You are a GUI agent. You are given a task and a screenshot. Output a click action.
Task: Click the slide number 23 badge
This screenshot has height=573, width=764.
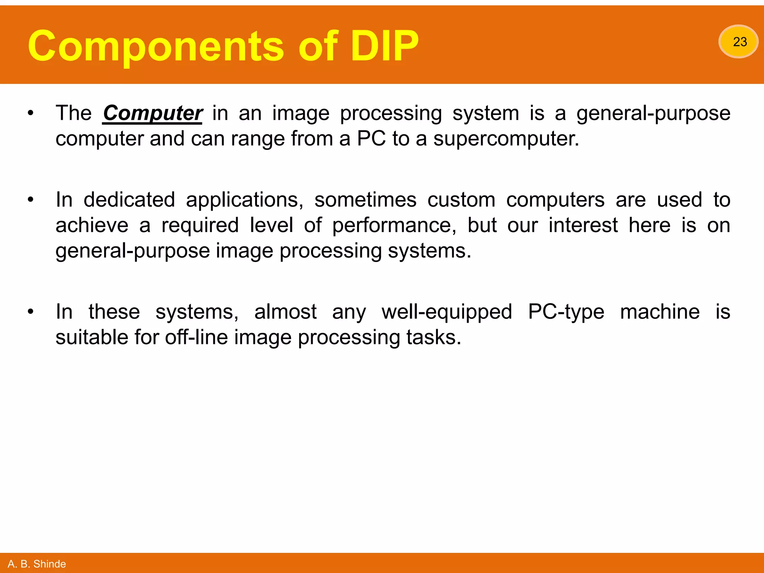tap(738, 41)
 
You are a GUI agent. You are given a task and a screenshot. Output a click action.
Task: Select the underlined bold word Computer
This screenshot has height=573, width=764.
tap(152, 113)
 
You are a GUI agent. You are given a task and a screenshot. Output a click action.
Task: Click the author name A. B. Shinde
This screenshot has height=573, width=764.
tap(37, 564)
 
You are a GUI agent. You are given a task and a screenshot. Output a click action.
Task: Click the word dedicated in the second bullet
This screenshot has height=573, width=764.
tap(129, 200)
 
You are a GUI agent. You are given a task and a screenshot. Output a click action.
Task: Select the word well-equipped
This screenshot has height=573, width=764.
tap(447, 312)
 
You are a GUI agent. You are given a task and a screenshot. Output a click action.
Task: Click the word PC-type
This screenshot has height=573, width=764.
tap(566, 312)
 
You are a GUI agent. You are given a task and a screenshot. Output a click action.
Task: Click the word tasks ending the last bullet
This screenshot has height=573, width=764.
tap(433, 337)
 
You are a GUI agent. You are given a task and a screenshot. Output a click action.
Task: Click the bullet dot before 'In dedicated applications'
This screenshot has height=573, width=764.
tap(31, 200)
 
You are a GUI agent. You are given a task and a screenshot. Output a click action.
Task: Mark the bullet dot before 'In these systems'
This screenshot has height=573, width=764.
tap(31, 312)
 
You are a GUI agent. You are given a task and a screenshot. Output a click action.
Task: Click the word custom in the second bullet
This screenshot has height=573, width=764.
tap(461, 200)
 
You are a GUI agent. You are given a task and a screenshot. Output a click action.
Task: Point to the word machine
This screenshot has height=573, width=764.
tap(660, 312)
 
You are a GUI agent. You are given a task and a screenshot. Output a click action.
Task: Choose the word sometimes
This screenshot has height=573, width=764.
tap(365, 200)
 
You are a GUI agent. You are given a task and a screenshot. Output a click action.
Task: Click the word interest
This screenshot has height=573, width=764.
tap(583, 226)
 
